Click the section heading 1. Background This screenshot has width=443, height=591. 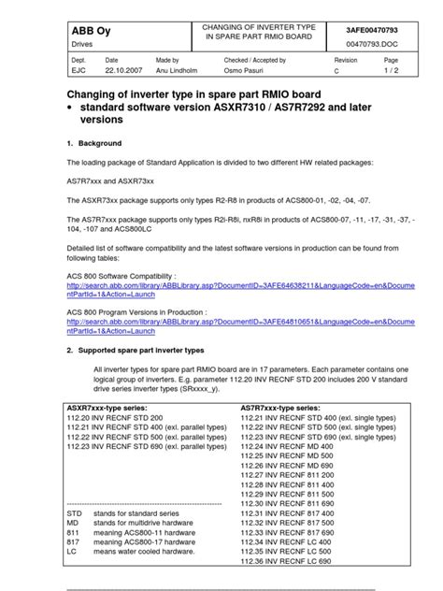coord(95,143)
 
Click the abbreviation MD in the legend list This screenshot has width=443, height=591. coord(74,524)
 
